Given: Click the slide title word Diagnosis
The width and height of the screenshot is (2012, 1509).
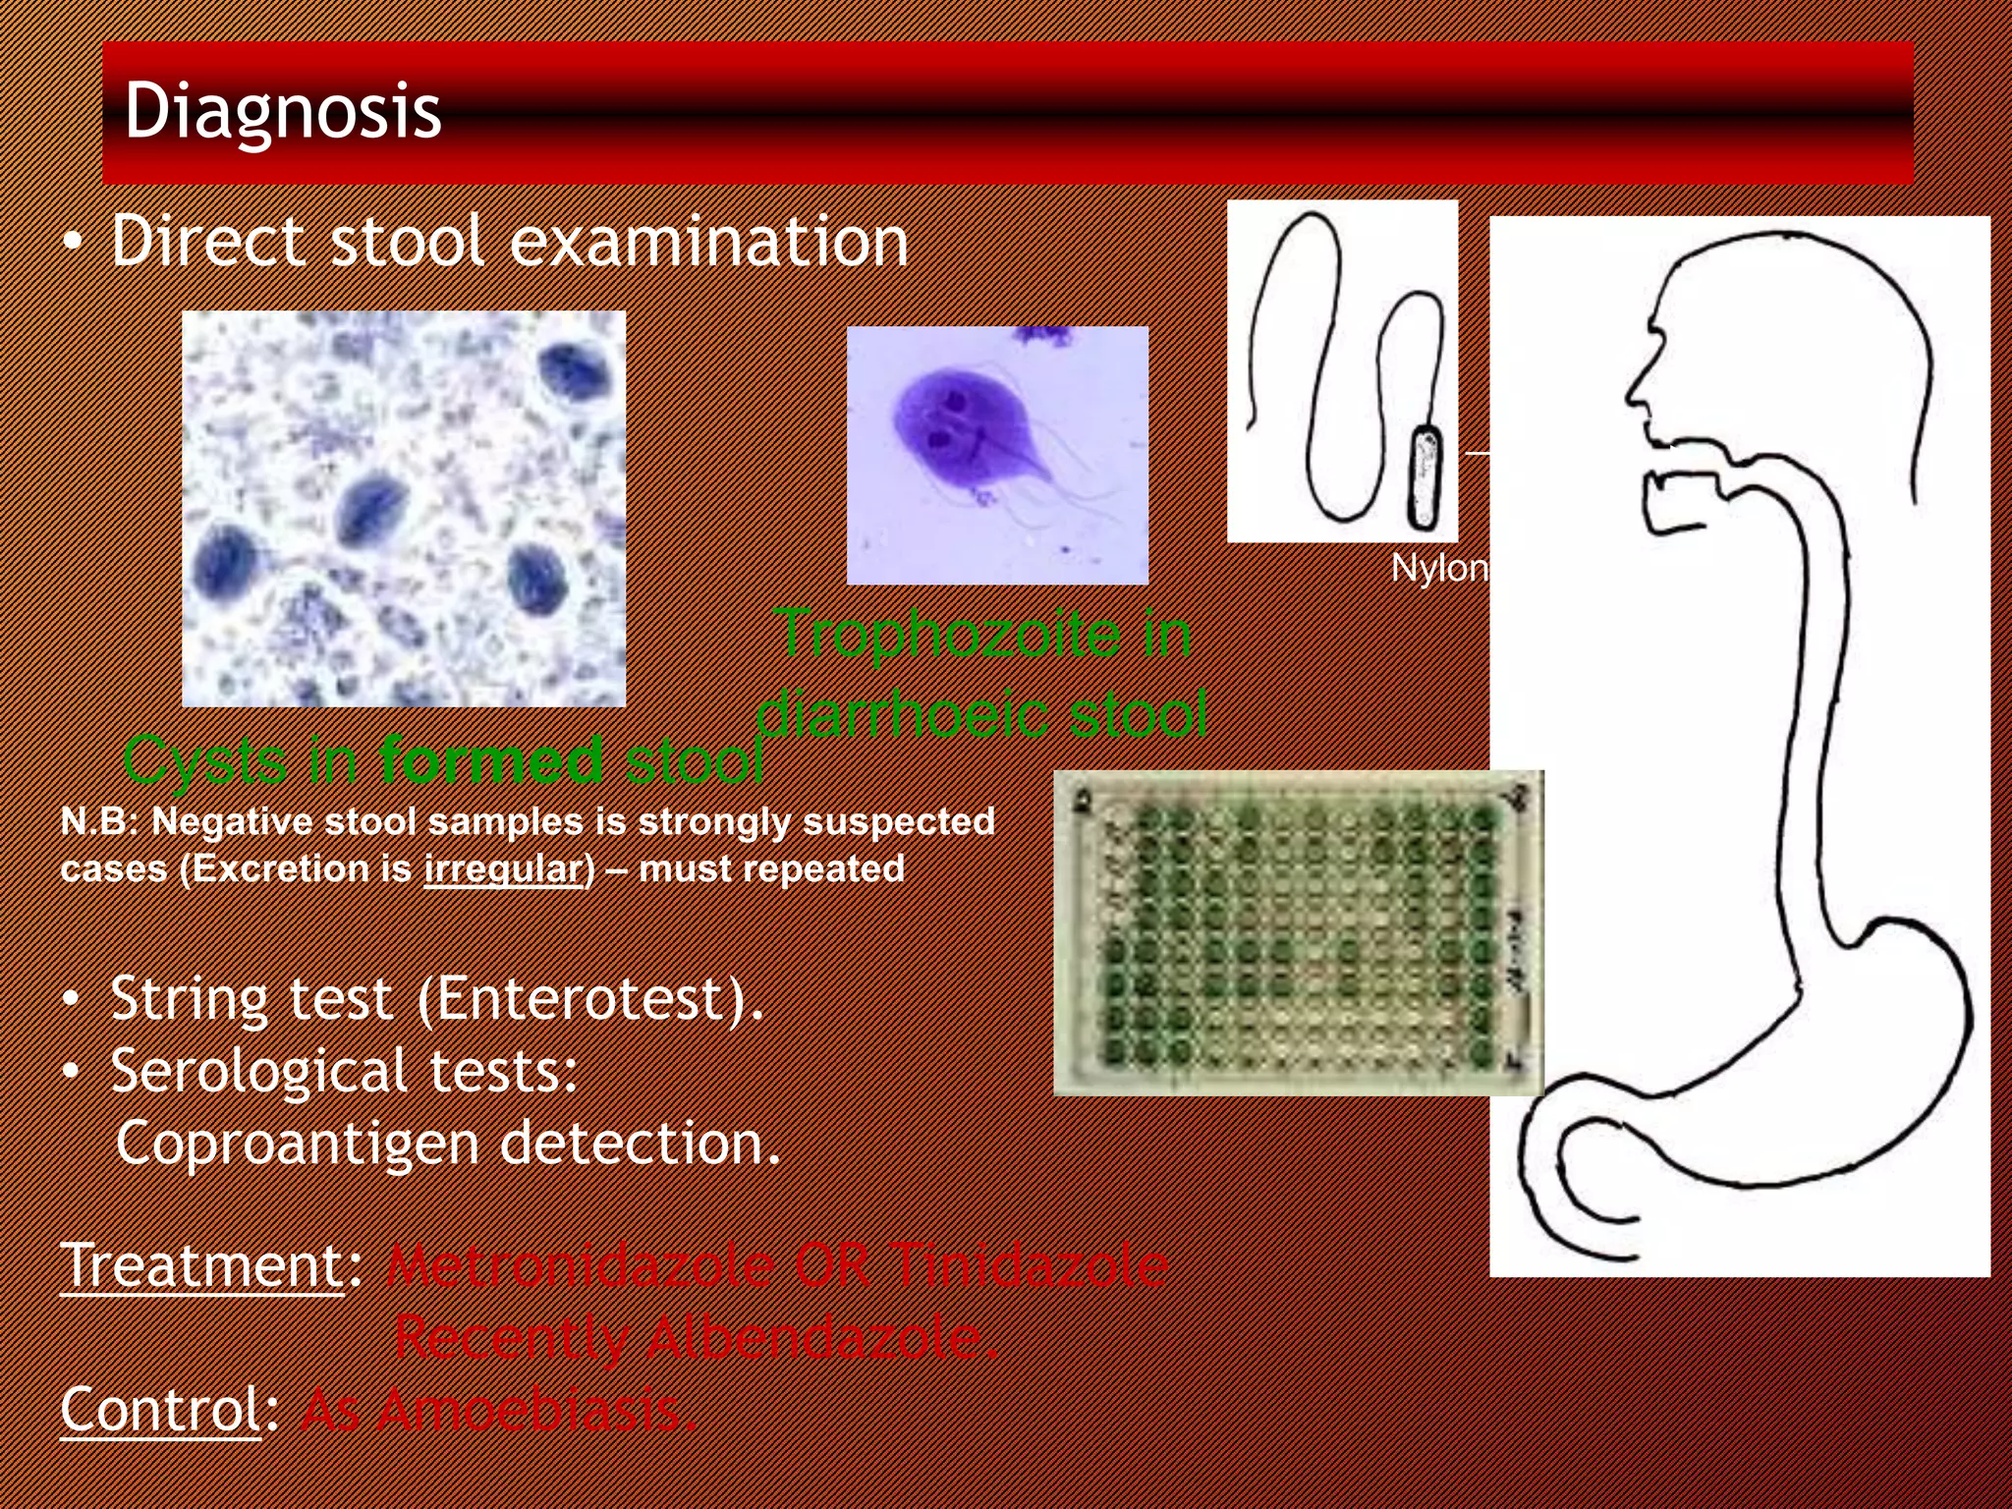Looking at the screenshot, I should point(282,111).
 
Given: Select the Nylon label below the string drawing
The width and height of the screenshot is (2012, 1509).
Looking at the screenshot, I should point(1438,568).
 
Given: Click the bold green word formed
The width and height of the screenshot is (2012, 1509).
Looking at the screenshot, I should point(491,760).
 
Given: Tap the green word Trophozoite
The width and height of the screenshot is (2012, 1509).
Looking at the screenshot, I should point(948,634).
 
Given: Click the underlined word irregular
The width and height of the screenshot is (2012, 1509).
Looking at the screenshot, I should point(504,869).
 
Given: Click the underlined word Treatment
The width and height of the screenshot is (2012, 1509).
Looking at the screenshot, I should point(201,1265).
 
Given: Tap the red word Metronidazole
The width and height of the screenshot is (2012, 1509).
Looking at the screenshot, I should point(580,1265).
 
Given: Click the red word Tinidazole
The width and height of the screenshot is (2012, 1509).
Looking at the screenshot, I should point(1032,1265).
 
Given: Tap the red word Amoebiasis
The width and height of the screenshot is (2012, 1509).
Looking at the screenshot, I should point(535,1410).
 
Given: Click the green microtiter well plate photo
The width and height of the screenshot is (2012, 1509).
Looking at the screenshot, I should point(1297,933).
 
